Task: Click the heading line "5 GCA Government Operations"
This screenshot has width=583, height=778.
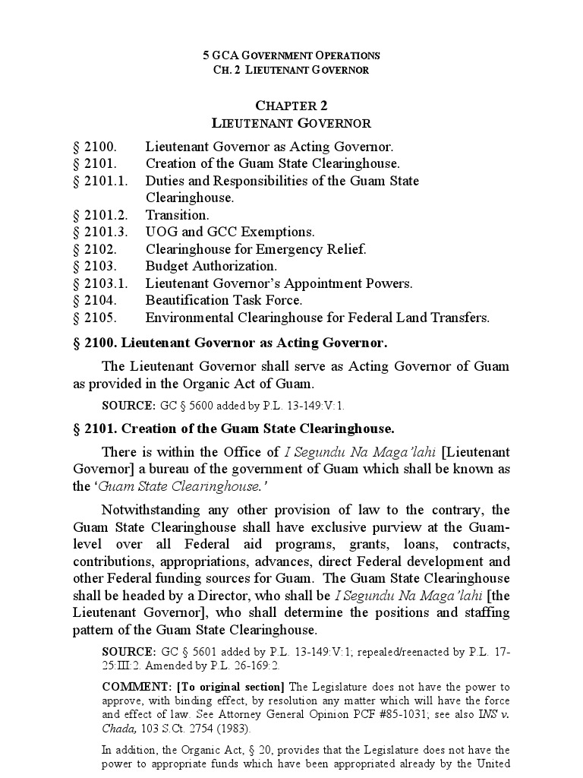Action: coord(291,55)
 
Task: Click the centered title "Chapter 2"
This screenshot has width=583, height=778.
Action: coord(291,106)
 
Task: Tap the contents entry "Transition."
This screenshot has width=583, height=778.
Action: coord(178,215)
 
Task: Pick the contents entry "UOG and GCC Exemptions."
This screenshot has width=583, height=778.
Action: coord(230,232)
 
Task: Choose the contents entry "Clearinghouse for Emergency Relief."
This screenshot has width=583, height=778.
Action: coord(256,249)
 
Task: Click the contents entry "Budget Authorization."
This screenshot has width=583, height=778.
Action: coord(211,266)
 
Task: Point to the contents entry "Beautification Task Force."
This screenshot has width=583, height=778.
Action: coord(224,300)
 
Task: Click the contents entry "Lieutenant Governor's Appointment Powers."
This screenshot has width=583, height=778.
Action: coord(279,283)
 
